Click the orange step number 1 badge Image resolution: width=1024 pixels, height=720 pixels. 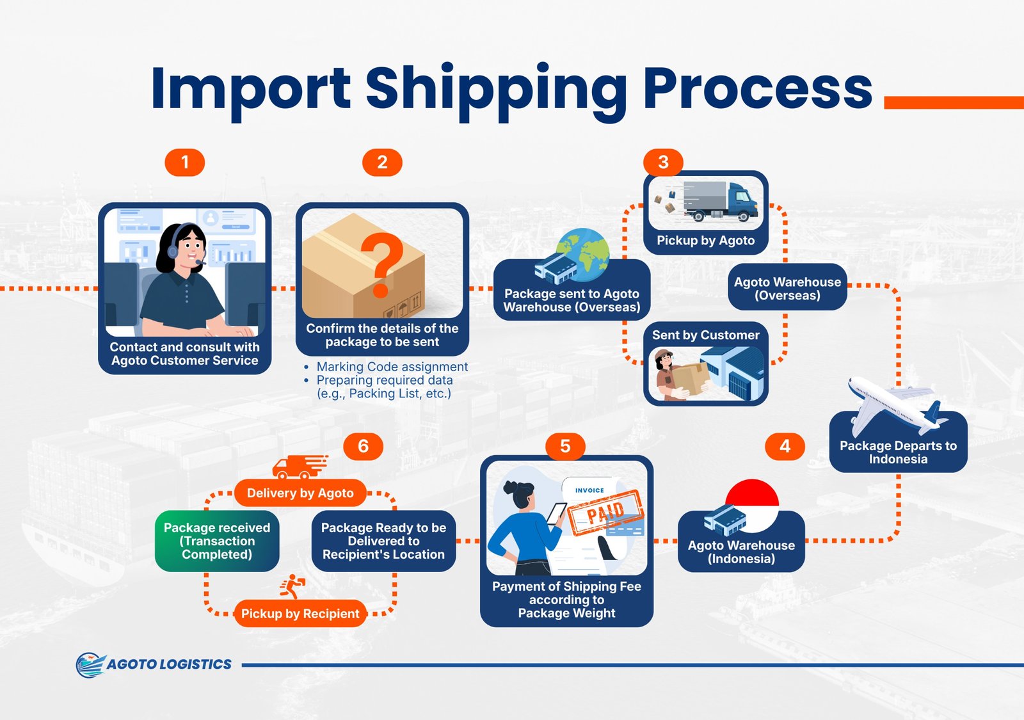coord(185,163)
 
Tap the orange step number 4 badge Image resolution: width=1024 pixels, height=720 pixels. coord(785,446)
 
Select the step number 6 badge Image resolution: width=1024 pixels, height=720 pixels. coord(363,446)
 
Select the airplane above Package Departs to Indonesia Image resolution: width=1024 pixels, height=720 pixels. coord(896,403)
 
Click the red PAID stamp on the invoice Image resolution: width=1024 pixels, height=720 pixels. coord(605,512)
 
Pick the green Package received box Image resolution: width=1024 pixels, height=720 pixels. coord(217,541)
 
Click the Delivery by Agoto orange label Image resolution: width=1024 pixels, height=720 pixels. coord(300,493)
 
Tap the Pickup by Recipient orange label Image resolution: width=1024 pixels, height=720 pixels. coord(300,613)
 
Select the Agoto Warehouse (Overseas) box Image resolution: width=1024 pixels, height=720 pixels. coord(787,288)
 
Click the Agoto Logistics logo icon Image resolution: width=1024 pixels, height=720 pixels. coord(90,664)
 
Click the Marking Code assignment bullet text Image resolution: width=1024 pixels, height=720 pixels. coord(392,367)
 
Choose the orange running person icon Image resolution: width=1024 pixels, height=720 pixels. coord(292,586)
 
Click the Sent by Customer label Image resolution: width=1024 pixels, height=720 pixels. coord(705,335)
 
